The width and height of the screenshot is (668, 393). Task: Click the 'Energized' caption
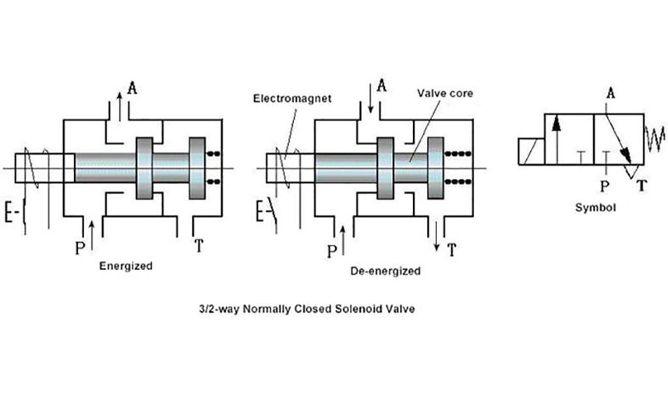[126, 266]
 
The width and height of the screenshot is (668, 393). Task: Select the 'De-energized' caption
[385, 270]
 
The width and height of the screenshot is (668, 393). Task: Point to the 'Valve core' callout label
[445, 93]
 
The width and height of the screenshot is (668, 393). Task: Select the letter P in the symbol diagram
[605, 187]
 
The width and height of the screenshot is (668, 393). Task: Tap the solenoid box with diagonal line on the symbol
[532, 151]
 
